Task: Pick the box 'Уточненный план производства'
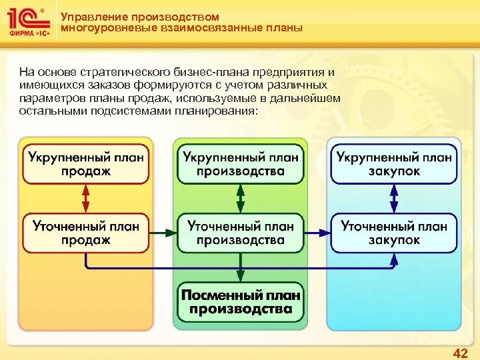click(x=240, y=233)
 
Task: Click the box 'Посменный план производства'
click(x=240, y=302)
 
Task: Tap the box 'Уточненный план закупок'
click(x=394, y=233)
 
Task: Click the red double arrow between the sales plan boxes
click(x=85, y=198)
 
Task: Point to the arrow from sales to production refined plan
click(x=163, y=233)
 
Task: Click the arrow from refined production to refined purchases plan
click(x=317, y=233)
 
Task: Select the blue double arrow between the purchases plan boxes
click(x=394, y=198)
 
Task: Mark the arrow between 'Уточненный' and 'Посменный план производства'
click(x=240, y=267)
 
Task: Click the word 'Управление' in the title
click(x=91, y=17)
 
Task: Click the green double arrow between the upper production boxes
click(x=240, y=198)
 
